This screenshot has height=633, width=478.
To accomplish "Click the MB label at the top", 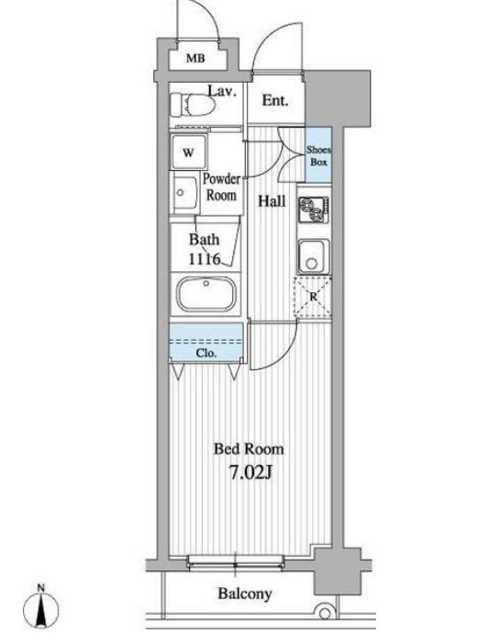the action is coord(195,59).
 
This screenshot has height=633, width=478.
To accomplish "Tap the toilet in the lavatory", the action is coord(192,105).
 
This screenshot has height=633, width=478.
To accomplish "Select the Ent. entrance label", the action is coord(275,100).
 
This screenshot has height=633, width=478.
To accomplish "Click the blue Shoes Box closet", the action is coord(318,154).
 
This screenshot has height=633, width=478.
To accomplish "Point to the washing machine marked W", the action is coord(189,153).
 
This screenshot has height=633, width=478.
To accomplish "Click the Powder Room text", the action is coord(221,187).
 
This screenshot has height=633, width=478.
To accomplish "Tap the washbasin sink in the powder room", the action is coord(185,193).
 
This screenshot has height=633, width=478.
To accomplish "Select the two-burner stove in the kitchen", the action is coord(314,209).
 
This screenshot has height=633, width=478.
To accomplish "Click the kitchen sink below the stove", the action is coord(314,256).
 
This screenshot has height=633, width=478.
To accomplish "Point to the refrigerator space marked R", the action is coord(314,297).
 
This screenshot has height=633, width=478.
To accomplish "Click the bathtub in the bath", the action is coord(206,294).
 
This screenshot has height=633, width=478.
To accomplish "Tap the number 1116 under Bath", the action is coord(205,259).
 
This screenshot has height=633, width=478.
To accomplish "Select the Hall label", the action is coord(272,201).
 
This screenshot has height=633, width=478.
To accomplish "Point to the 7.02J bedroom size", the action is coord(251,472).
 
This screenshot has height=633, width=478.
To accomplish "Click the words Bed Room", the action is coord(249,449).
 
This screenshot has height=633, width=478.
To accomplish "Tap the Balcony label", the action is coord(245,593).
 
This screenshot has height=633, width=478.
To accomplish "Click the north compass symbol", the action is coord(40,609).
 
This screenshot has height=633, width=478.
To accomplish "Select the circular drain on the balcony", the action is coord(325,614).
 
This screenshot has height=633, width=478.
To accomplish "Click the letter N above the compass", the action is coord(40,588).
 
